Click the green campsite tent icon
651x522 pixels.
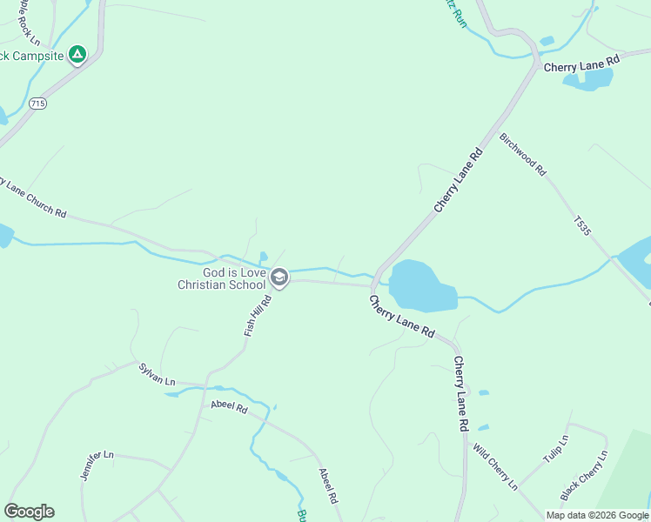click(x=77, y=55)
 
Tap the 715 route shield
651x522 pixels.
click(x=37, y=103)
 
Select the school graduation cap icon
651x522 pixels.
click(x=279, y=278)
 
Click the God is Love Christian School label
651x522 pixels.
click(x=222, y=278)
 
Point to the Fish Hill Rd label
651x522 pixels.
click(x=258, y=316)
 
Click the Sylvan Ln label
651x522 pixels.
click(x=157, y=375)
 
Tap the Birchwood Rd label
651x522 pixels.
click(x=522, y=155)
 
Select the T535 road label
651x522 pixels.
click(x=582, y=226)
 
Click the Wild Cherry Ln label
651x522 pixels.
click(x=495, y=466)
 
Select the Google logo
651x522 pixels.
click(x=29, y=512)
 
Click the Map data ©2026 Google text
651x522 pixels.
click(x=596, y=515)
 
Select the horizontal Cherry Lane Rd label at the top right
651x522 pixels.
click(x=581, y=64)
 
